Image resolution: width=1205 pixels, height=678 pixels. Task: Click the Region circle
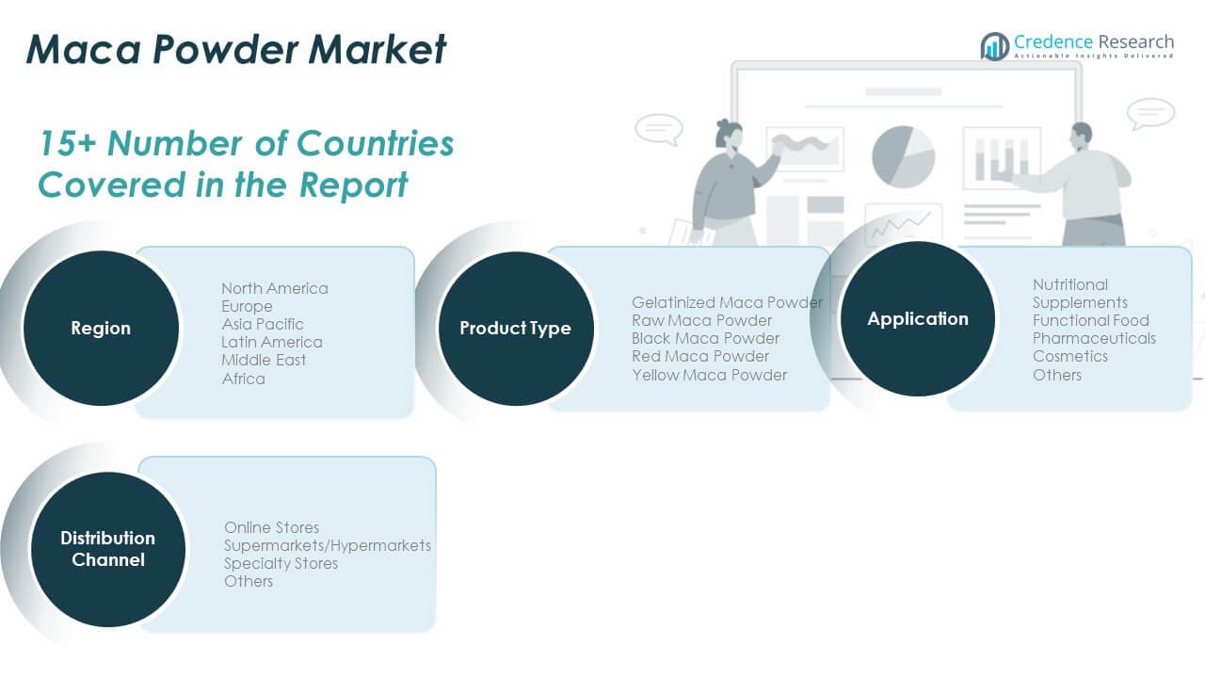click(101, 328)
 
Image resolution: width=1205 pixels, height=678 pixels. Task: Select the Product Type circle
click(516, 329)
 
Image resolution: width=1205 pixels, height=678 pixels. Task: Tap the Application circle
click(918, 318)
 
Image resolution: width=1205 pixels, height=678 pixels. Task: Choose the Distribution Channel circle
click(108, 549)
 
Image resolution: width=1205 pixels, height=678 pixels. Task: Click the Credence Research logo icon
click(995, 46)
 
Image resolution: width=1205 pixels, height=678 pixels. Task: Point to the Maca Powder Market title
click(236, 49)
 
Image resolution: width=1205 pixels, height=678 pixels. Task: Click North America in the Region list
click(275, 288)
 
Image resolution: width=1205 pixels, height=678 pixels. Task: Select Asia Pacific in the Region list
click(263, 325)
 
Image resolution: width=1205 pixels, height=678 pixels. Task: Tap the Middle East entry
click(264, 360)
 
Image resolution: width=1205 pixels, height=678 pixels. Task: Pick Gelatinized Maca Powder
click(728, 302)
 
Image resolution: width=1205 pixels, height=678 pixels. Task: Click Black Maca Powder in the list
click(705, 338)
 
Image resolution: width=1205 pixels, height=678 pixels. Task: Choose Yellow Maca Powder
click(709, 375)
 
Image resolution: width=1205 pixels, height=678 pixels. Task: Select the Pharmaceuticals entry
click(1094, 338)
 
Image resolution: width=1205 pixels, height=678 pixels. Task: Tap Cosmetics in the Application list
click(1070, 356)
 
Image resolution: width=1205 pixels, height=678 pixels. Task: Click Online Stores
click(272, 527)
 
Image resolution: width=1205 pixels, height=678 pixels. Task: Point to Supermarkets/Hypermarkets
click(328, 545)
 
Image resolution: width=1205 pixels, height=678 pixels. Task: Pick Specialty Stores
click(281, 563)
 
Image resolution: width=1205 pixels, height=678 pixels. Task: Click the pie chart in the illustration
click(903, 156)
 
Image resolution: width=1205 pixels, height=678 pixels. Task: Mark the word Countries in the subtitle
click(376, 144)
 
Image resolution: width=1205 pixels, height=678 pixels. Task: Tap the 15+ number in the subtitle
click(68, 144)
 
